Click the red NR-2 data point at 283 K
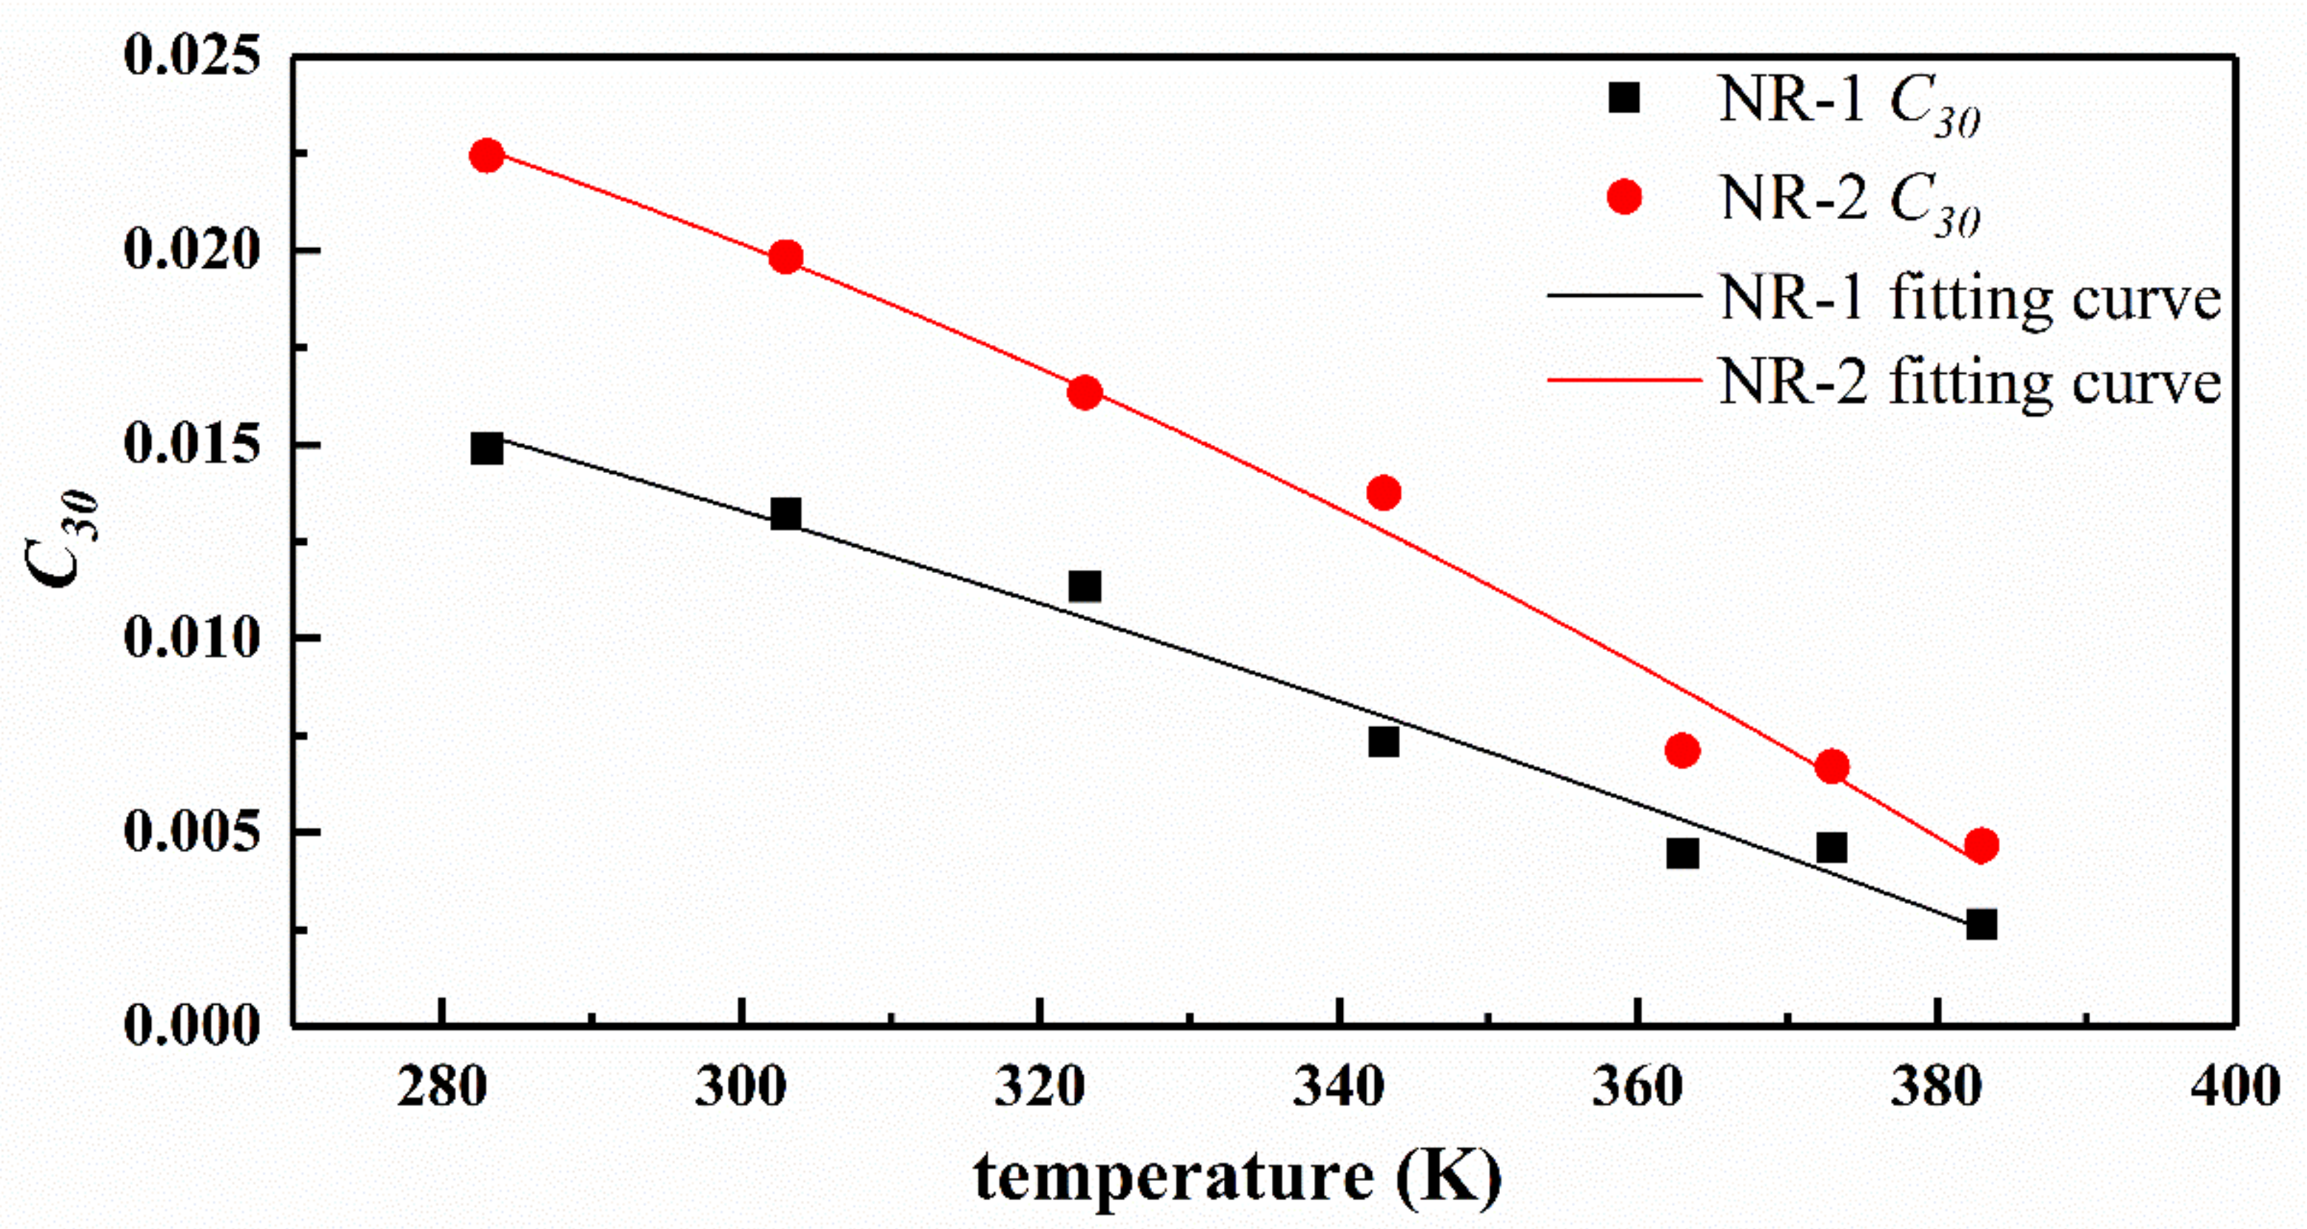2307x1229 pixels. (x=486, y=156)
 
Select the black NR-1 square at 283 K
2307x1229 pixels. (x=486, y=448)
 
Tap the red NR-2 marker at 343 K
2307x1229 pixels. (x=1384, y=492)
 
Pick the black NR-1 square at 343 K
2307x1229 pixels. (x=1384, y=742)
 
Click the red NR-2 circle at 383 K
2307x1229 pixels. (x=1981, y=845)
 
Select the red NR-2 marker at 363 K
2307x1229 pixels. (x=1683, y=751)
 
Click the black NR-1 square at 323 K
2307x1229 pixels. (x=1085, y=586)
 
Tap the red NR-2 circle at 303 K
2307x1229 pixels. (x=786, y=258)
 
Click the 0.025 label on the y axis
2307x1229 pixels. (x=192, y=56)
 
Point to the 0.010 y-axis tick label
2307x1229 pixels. (x=192, y=637)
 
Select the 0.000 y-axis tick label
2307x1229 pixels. (x=192, y=1025)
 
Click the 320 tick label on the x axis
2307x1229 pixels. (x=1039, y=1088)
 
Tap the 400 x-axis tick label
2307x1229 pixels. (x=2235, y=1088)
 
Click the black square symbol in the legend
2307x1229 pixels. (x=1624, y=98)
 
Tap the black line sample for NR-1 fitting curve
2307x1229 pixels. (x=1623, y=295)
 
